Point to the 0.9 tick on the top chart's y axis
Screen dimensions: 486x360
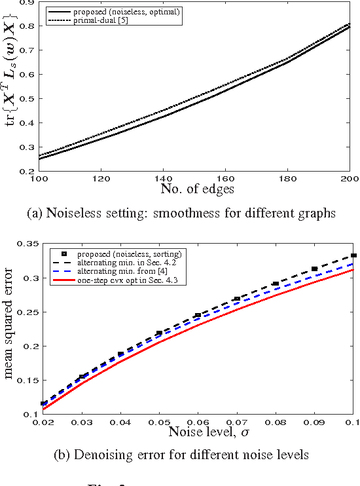click(x=27, y=3)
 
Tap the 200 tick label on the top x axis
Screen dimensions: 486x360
click(x=350, y=178)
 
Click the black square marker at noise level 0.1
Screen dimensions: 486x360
click(x=353, y=255)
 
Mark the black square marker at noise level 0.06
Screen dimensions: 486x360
click(x=198, y=316)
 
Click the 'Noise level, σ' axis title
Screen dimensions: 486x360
click(x=197, y=432)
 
